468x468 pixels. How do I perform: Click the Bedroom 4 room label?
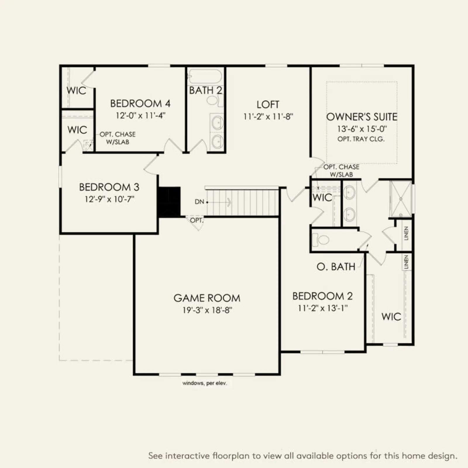140,104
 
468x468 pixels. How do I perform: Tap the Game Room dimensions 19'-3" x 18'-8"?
207,310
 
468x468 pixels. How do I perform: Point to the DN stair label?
199,202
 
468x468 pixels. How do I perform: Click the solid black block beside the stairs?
169,202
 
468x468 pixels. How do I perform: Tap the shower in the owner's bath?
400,199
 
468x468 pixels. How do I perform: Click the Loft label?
268,104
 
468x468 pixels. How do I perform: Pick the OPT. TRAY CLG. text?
361,139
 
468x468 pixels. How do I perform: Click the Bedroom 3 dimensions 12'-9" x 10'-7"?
109,199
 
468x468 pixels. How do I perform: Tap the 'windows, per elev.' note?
204,383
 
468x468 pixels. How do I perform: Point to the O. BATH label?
336,266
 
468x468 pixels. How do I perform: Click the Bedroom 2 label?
322,296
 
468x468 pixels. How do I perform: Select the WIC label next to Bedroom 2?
391,316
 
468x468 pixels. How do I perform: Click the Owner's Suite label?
362,117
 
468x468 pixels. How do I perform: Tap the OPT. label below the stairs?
197,220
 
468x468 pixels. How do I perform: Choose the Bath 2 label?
206,90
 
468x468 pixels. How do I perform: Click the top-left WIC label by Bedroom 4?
76,90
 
